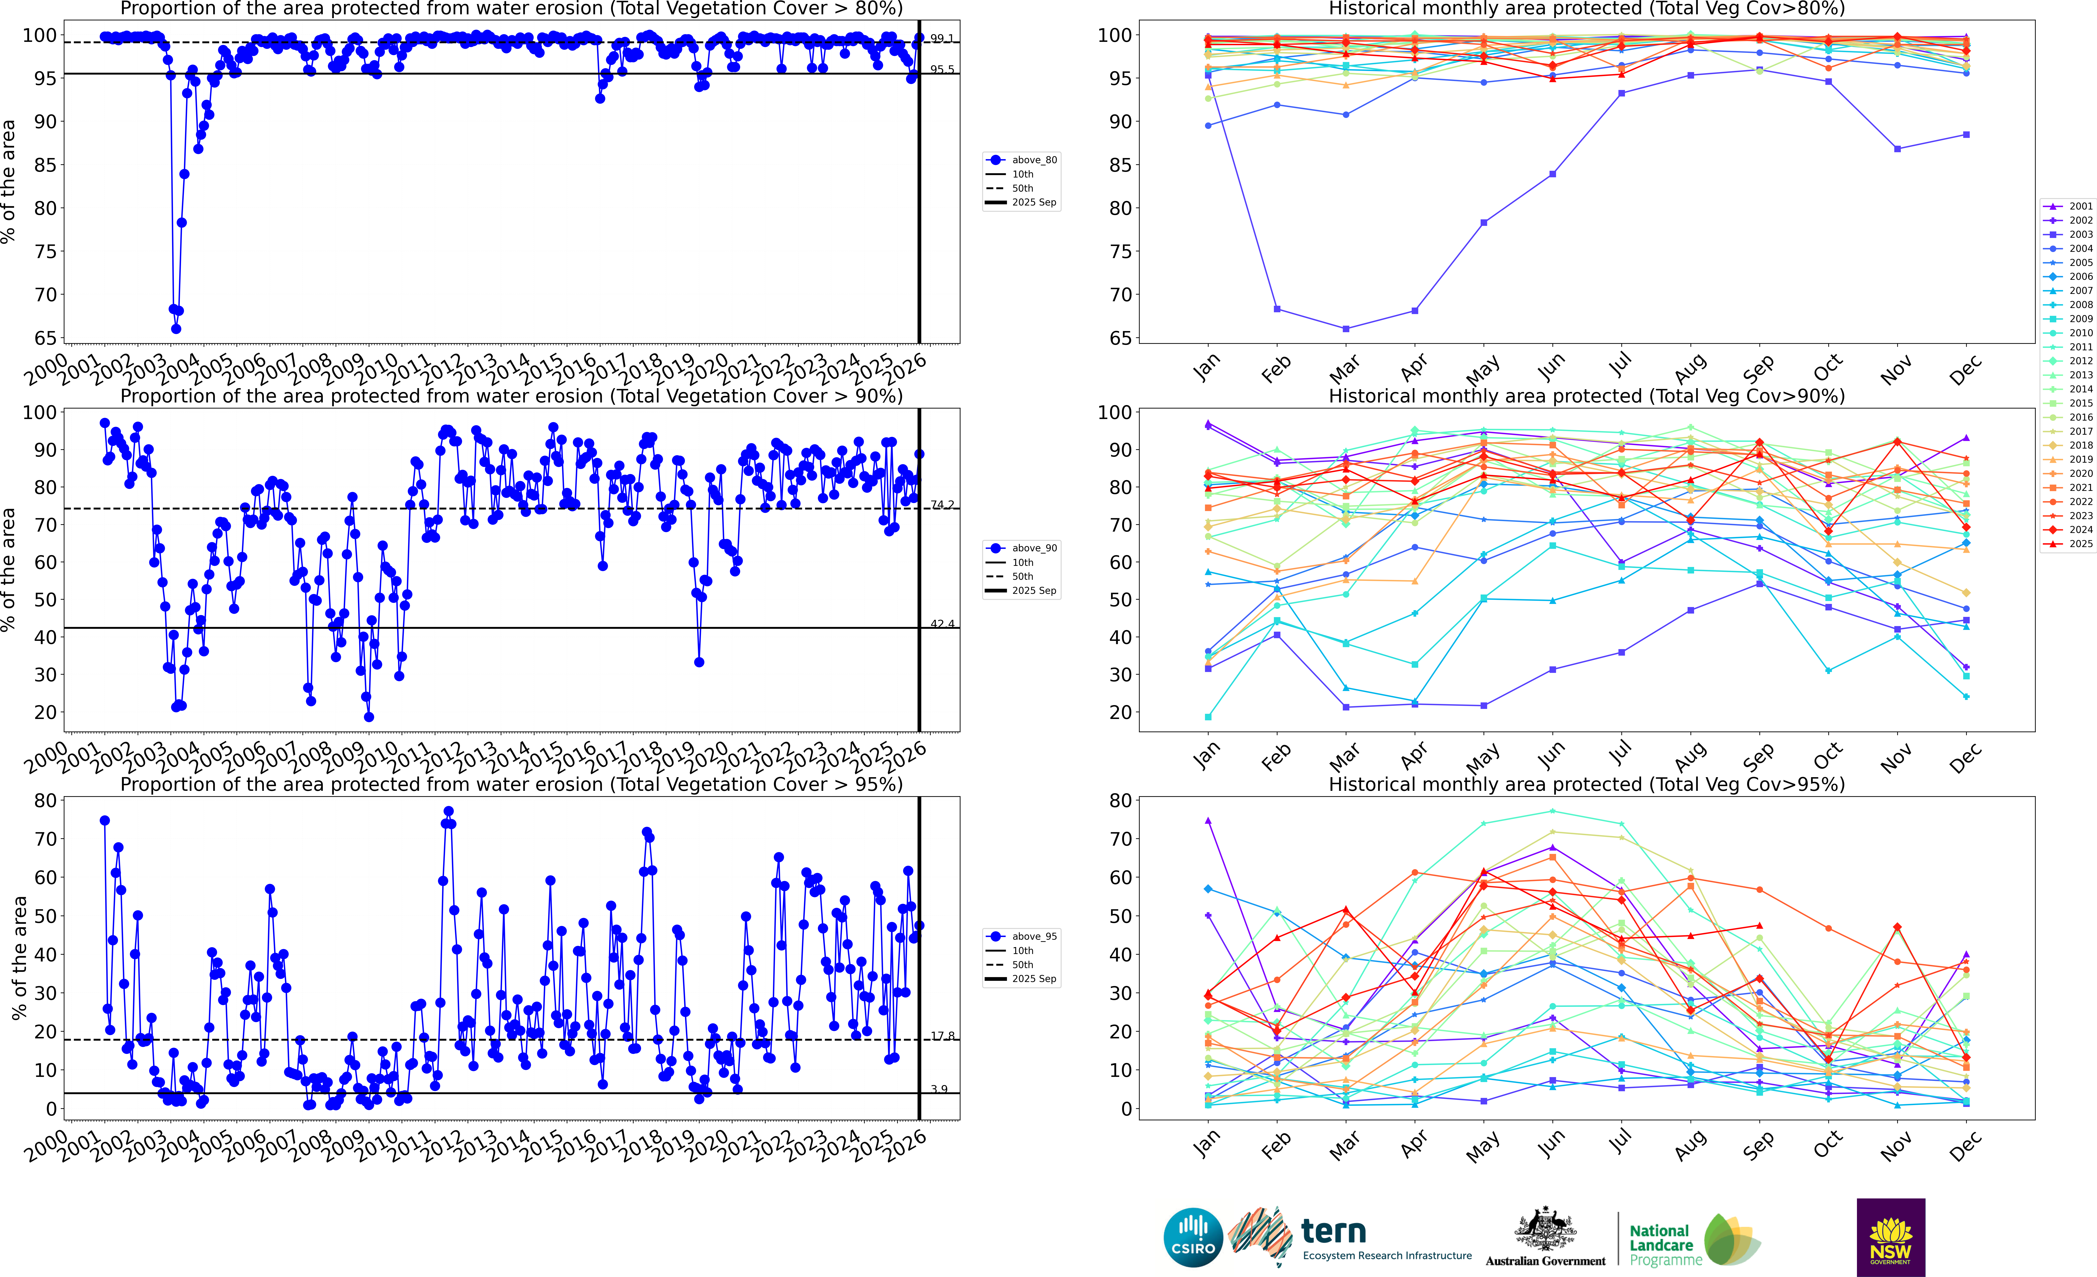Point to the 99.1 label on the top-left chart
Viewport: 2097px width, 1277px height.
tap(941, 38)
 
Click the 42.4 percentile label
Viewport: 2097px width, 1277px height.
tap(941, 624)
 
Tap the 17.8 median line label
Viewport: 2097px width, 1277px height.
tap(941, 1036)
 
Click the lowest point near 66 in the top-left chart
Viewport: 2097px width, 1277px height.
tap(176, 329)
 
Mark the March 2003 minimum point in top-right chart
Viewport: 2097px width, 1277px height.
tap(1345, 329)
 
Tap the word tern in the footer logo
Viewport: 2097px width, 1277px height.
tap(1334, 1231)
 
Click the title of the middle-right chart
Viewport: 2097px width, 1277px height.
tap(1586, 396)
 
